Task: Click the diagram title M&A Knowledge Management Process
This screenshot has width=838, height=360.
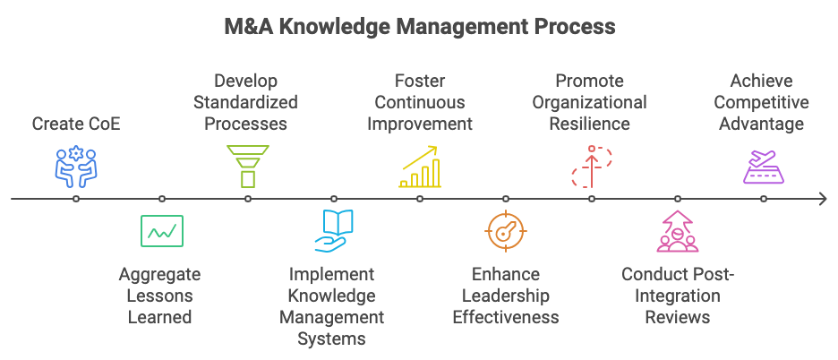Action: pyautogui.click(x=420, y=26)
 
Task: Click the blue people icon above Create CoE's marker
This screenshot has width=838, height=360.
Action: pyautogui.click(x=76, y=167)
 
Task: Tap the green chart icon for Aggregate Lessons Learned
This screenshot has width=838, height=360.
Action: pyautogui.click(x=162, y=231)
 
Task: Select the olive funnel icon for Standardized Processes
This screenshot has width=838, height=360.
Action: pyautogui.click(x=248, y=167)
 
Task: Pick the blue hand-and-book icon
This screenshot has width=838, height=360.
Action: pyautogui.click(x=334, y=231)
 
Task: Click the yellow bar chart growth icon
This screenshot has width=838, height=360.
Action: pyautogui.click(x=420, y=167)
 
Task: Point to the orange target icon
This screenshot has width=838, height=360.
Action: pyautogui.click(x=506, y=231)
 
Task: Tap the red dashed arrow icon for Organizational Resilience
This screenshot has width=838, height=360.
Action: pyautogui.click(x=592, y=167)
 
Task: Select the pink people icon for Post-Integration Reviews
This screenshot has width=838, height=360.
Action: pyautogui.click(x=678, y=231)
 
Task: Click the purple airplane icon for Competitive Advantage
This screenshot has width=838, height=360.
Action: pyautogui.click(x=764, y=167)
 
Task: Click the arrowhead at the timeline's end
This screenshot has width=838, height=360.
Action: pyautogui.click(x=824, y=199)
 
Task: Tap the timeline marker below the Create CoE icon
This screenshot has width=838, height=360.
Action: pyautogui.click(x=76, y=199)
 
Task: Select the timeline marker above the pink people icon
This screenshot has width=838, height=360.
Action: pyautogui.click(x=678, y=199)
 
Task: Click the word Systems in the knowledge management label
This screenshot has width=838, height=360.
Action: pyautogui.click(x=331, y=339)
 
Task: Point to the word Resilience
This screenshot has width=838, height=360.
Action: pyautogui.click(x=589, y=124)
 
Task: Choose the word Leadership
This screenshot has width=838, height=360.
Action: pyautogui.click(x=506, y=296)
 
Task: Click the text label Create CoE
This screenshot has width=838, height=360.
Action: pyautogui.click(x=76, y=124)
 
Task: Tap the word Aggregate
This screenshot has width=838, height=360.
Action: pyautogui.click(x=159, y=274)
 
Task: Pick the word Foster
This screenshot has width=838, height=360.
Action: pyautogui.click(x=420, y=81)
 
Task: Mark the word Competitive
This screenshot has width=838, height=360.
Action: pyautogui.click(x=761, y=102)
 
